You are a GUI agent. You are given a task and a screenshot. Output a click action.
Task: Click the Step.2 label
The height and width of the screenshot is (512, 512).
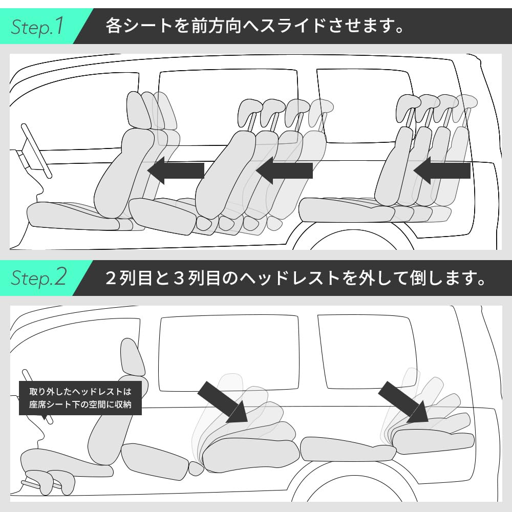tap(39, 278)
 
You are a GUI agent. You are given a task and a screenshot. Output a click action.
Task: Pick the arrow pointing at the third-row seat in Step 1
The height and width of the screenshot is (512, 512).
tap(441, 170)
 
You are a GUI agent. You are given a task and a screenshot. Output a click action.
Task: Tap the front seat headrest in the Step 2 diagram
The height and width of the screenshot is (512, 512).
tap(132, 357)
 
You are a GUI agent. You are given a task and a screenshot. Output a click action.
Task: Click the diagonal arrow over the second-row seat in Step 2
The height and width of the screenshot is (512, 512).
tap(222, 402)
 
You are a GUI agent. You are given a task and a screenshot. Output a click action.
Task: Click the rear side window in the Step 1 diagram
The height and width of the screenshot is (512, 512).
tap(364, 105)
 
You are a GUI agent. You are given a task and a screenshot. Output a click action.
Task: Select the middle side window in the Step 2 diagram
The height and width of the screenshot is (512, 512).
tap(228, 353)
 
